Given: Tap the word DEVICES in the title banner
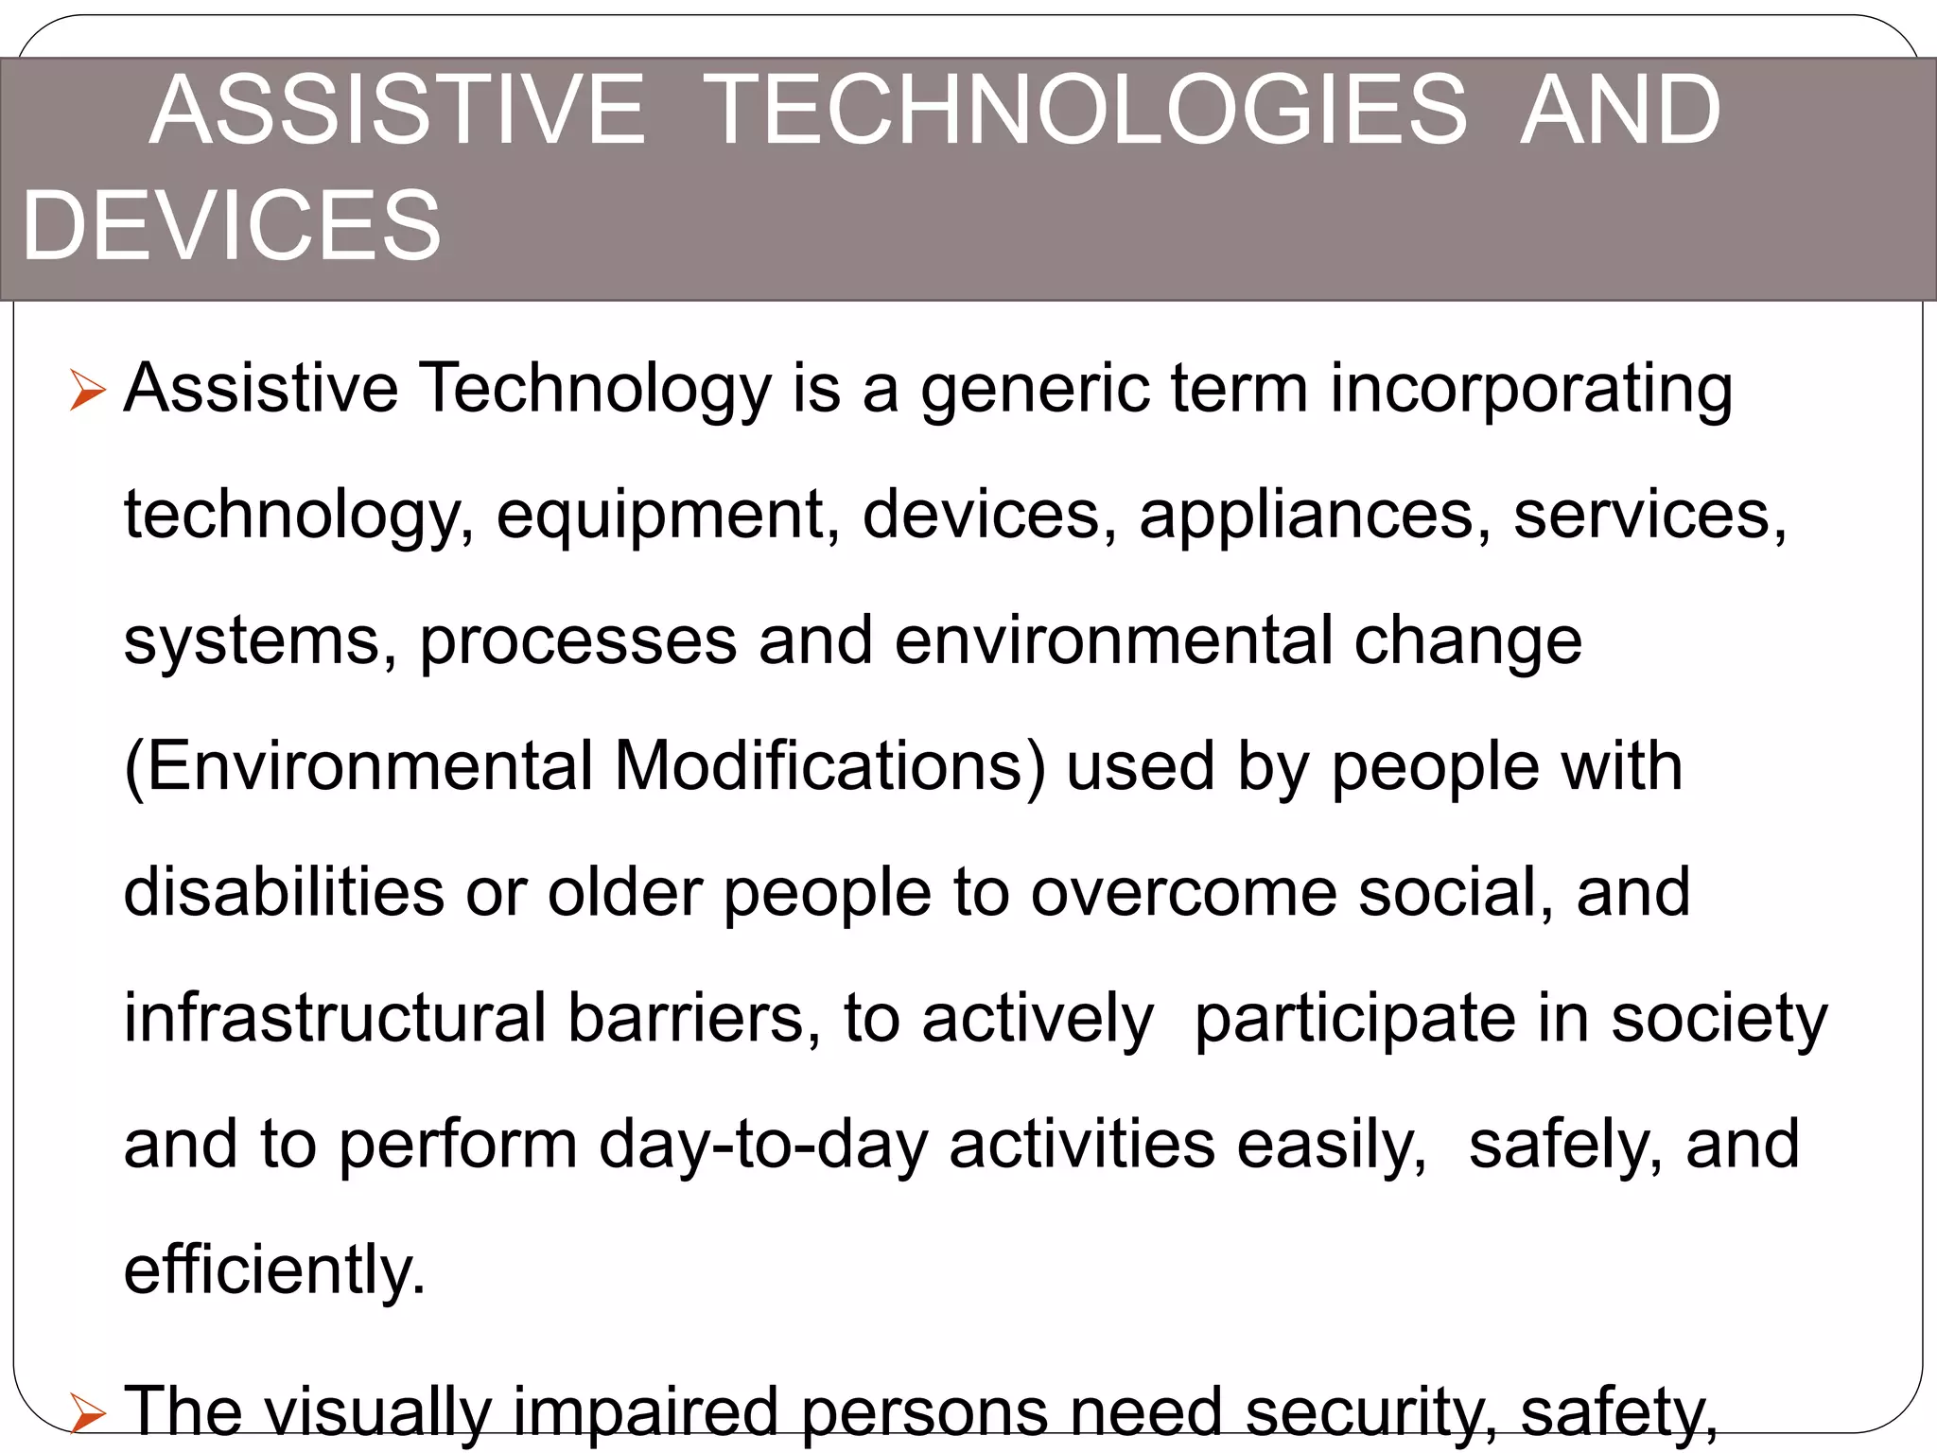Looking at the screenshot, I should (x=232, y=226).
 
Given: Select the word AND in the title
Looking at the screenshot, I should (x=1620, y=112).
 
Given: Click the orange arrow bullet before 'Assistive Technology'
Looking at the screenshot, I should (x=88, y=391).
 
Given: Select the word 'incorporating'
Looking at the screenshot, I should (x=1531, y=391).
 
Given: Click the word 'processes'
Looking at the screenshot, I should (x=578, y=642).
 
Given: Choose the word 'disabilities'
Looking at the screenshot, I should (x=284, y=893).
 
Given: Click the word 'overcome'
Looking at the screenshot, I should (x=1183, y=893).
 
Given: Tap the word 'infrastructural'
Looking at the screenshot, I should (x=336, y=1019).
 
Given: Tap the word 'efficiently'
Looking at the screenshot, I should (x=274, y=1270).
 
